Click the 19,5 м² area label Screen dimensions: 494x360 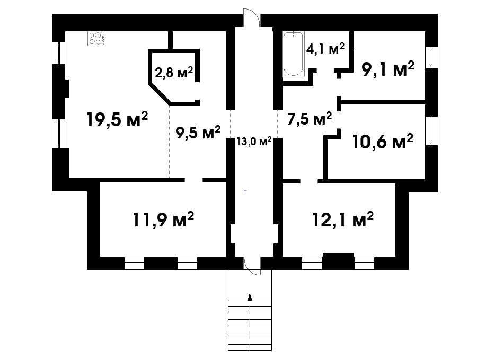tap(117, 119)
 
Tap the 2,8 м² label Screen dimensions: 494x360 tap(174, 73)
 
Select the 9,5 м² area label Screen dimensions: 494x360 tap(198, 133)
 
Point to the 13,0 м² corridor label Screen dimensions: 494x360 tap(254, 141)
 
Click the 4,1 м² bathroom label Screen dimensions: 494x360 tap(325, 49)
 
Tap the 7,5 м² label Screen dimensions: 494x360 tap(310, 119)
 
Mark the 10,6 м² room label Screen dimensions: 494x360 tap(383, 142)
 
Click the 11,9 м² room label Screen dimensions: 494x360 tap(163, 219)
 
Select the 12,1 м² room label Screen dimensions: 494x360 tap(343, 219)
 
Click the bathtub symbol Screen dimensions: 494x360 tap(293, 54)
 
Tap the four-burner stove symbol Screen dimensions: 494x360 tap(96, 39)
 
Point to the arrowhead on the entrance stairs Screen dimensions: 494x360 tap(250, 296)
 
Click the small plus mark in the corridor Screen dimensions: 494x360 tap(245, 191)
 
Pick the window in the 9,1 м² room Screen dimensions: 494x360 tap(431, 57)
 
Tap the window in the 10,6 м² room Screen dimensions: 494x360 tap(431, 130)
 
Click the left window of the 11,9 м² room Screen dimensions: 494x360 tap(134, 263)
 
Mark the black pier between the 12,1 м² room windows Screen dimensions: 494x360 tap(338, 261)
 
